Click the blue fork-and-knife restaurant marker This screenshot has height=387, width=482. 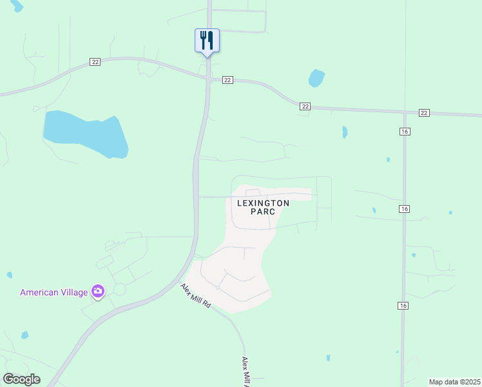[x=207, y=40]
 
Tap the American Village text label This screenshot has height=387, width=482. [x=53, y=292]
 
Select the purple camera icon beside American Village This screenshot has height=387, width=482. [x=98, y=292]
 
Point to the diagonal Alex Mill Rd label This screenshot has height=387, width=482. [x=196, y=295]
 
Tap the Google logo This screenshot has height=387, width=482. [x=21, y=379]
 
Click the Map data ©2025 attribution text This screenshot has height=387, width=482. [x=455, y=382]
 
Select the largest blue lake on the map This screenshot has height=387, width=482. [x=86, y=134]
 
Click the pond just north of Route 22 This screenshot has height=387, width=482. [x=316, y=79]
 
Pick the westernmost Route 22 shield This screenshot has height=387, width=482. [x=95, y=62]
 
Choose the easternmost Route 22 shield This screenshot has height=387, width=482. [x=423, y=113]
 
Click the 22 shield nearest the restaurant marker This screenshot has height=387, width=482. [x=227, y=80]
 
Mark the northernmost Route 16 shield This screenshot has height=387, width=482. [x=404, y=132]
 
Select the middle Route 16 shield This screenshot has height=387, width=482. [x=404, y=209]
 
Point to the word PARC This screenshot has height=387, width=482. [x=263, y=212]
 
